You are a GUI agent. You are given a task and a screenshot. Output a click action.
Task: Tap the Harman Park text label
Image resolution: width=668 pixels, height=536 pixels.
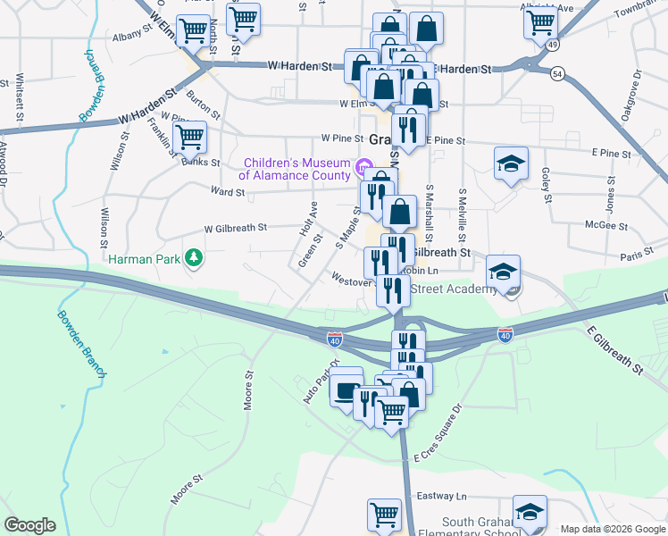click(144, 259)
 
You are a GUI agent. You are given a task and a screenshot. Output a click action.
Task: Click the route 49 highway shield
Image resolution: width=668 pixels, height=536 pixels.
click(554, 44)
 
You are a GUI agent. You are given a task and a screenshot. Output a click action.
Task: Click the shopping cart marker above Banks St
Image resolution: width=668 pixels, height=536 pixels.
click(189, 138)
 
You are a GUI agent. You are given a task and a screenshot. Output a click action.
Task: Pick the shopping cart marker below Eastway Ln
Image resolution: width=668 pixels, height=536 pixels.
click(384, 514)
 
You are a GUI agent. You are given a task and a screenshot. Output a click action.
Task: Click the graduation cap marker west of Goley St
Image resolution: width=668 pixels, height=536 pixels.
click(511, 163)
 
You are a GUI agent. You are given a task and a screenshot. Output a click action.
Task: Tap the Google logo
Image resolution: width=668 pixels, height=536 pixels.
click(30, 524)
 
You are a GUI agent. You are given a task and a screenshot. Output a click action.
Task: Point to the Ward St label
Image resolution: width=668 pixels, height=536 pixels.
click(228, 192)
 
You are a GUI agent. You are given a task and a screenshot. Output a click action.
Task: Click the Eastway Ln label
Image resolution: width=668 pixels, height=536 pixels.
click(447, 496)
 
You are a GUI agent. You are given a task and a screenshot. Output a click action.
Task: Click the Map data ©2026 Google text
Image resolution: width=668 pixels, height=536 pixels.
click(612, 529)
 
